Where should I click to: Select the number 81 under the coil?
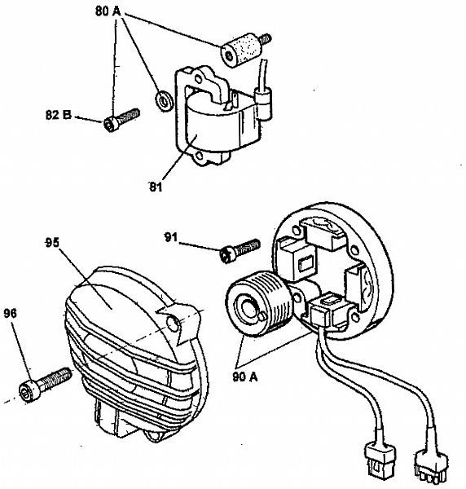(156, 187)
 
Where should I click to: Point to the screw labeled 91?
(238, 249)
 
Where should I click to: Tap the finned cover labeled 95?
(122, 334)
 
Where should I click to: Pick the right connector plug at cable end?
(431, 465)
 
